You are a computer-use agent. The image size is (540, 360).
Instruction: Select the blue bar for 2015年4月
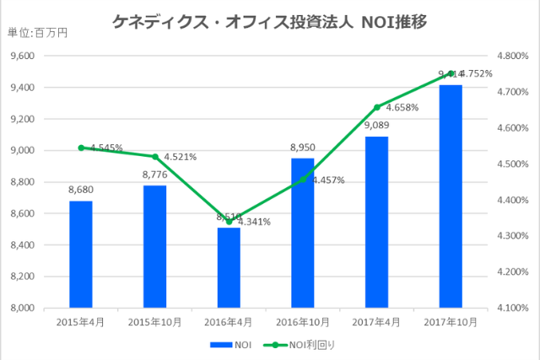point(81,254)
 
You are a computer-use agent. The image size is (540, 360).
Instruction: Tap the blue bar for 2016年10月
point(303,233)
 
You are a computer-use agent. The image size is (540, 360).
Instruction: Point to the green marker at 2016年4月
point(229,222)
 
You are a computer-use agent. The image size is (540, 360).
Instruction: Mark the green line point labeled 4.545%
point(81,148)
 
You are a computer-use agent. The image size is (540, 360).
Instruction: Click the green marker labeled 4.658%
point(376,107)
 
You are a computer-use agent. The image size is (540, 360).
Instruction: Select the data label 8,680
point(81,190)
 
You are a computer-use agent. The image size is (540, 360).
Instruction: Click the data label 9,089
point(376,126)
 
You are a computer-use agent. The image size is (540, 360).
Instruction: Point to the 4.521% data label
point(181,157)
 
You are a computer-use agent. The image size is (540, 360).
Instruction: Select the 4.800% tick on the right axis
point(511,56)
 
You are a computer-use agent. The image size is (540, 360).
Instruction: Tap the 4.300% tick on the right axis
point(511,236)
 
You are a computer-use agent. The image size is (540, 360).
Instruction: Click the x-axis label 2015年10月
point(154,322)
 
